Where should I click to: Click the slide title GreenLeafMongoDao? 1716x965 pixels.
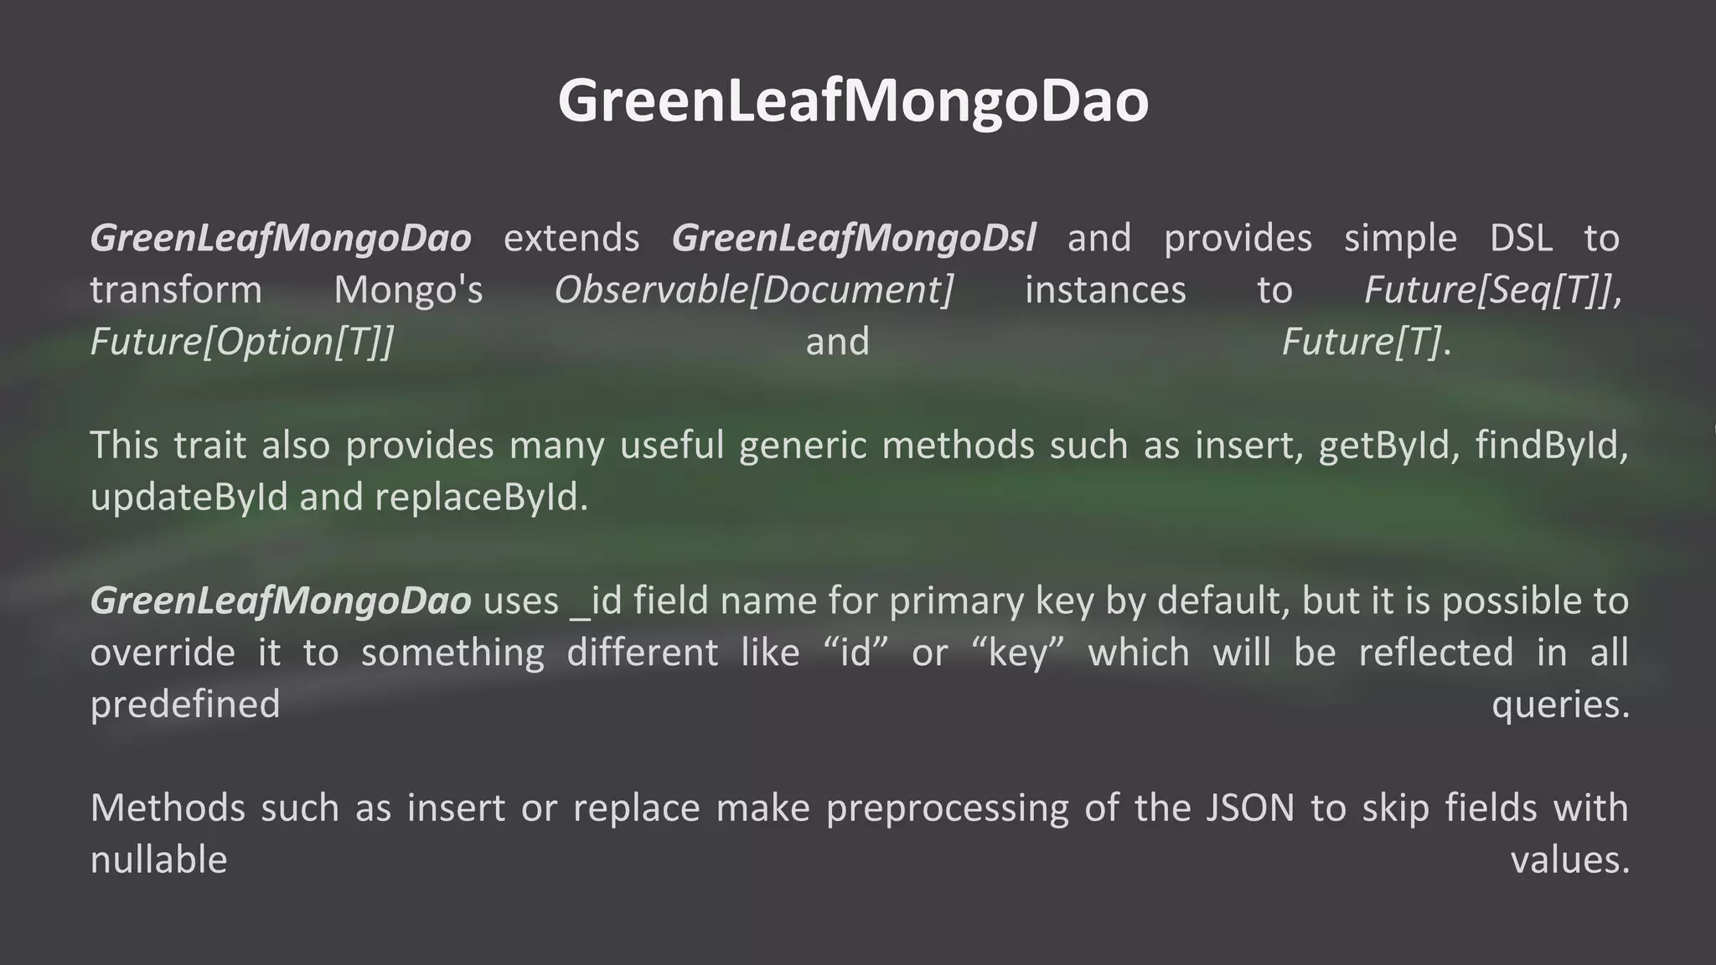(853, 101)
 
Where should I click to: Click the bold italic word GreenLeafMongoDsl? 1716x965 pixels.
(853, 238)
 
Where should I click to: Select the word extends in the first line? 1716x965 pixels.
(571, 238)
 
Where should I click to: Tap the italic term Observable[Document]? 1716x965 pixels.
(753, 290)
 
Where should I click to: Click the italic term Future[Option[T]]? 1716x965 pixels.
(241, 342)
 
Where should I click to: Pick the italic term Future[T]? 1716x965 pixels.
(1365, 342)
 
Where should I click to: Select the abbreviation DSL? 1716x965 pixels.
(1521, 238)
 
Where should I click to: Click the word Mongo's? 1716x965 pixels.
(408, 290)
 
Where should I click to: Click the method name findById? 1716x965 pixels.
(1551, 445)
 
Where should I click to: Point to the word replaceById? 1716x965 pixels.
(481, 497)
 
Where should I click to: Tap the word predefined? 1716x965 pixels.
(185, 704)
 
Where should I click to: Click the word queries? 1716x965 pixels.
(1560, 704)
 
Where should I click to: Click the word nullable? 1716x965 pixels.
(158, 859)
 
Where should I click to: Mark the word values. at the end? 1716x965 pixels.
(1569, 859)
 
